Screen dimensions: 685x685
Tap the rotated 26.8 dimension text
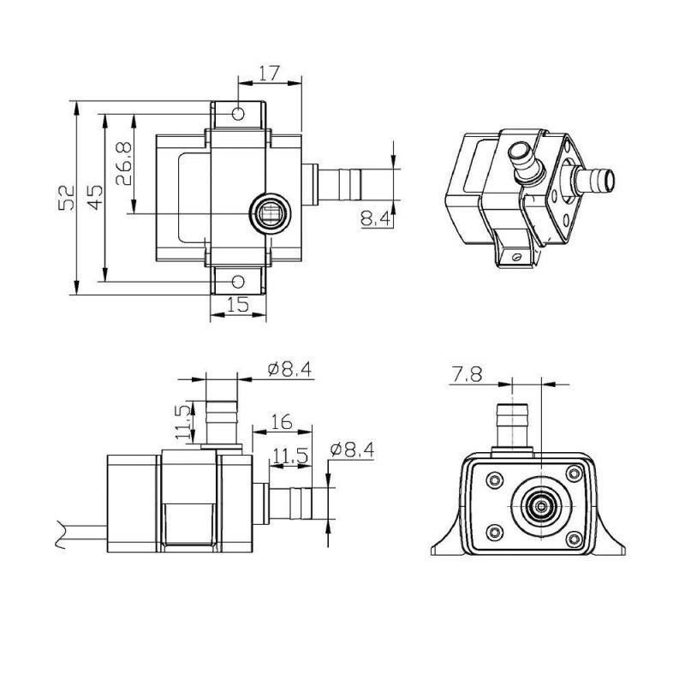[x=124, y=164]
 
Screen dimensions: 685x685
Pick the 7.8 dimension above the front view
[x=468, y=373]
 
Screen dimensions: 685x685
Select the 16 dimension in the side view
[x=280, y=421]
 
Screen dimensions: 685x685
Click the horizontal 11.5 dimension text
[x=289, y=456]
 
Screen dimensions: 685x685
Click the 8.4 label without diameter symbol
[x=376, y=220]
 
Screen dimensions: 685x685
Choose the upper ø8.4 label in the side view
[x=289, y=369]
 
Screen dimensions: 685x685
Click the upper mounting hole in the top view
[x=238, y=113]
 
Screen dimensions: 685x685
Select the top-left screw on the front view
[x=495, y=480]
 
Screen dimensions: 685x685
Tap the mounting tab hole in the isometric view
[x=514, y=254]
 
